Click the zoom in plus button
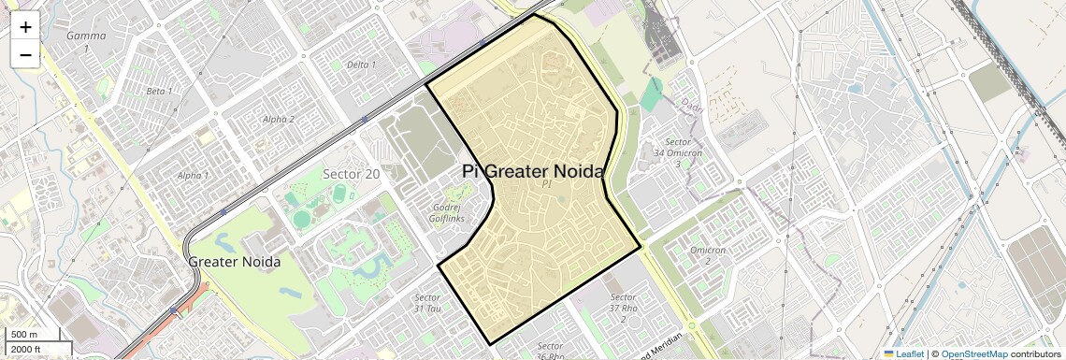[x=25, y=27]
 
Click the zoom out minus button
[x=25, y=54]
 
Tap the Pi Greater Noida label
[x=533, y=172]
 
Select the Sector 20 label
[x=351, y=174]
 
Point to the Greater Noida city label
[x=235, y=262]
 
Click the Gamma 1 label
[x=86, y=41]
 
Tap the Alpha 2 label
[x=278, y=119]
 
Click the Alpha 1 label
[x=193, y=175]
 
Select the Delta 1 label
[x=361, y=65]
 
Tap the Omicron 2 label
[x=708, y=254]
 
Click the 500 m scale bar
[x=34, y=335]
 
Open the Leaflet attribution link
[x=903, y=354]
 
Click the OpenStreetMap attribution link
[x=973, y=354]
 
